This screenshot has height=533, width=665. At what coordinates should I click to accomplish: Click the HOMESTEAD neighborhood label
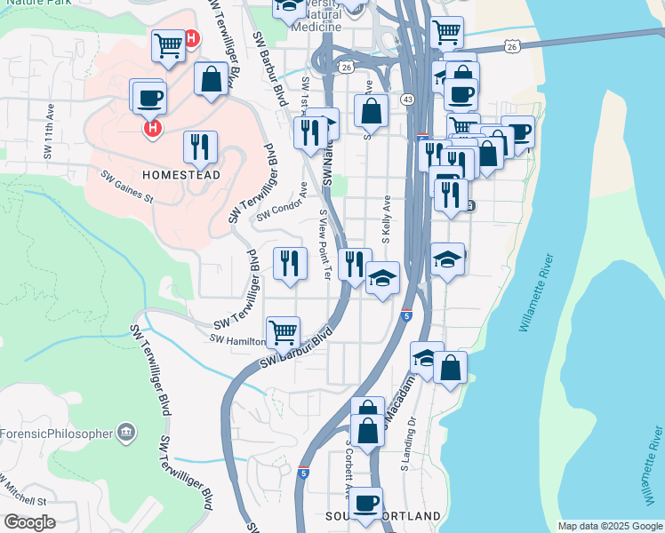point(181,175)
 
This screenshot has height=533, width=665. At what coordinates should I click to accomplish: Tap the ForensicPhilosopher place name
point(57,434)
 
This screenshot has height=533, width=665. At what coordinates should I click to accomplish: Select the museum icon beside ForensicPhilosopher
point(126,433)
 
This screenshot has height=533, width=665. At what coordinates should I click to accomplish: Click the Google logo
point(29,522)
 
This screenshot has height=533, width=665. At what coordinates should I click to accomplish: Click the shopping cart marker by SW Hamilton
point(283,333)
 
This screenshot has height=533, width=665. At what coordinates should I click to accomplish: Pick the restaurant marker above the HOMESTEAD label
point(201,147)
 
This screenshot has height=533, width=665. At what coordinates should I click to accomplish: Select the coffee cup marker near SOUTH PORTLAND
point(365,504)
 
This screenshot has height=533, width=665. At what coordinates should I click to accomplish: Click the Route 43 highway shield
point(405,99)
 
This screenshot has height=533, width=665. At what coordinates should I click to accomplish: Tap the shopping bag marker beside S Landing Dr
point(450,368)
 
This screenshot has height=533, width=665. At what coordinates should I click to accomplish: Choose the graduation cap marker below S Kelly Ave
point(382,280)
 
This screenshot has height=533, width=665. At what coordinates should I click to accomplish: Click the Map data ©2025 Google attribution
point(609,526)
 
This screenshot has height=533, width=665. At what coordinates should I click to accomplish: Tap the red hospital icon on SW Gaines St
point(152,129)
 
